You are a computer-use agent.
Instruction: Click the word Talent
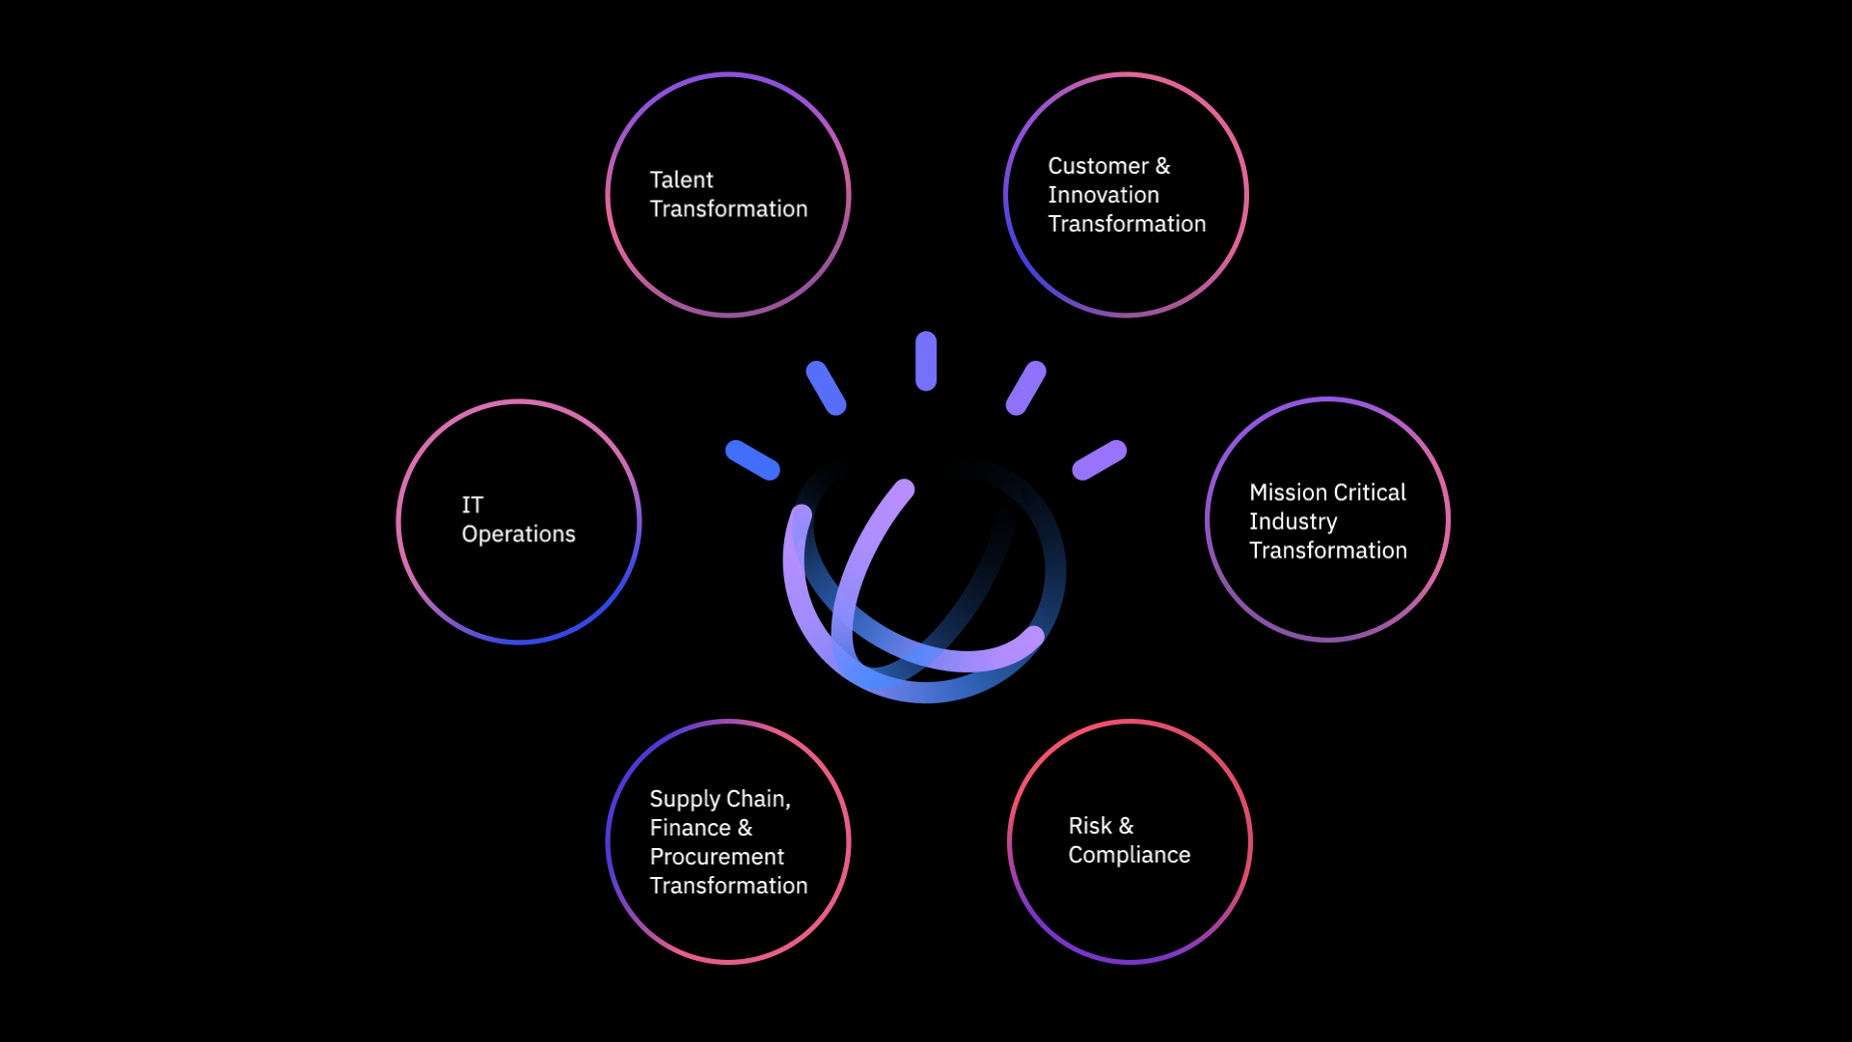click(x=681, y=180)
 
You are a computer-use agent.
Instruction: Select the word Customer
click(x=1098, y=166)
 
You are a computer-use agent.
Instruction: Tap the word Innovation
click(x=1103, y=195)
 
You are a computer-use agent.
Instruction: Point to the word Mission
click(x=1288, y=493)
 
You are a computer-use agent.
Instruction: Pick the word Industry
click(x=1293, y=522)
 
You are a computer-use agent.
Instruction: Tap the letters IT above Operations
click(x=472, y=506)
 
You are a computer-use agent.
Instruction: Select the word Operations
click(x=518, y=535)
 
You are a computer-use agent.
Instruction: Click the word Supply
click(x=685, y=800)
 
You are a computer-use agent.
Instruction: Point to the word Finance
click(x=690, y=828)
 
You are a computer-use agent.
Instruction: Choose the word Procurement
click(x=717, y=857)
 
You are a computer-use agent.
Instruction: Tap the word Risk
click(x=1090, y=826)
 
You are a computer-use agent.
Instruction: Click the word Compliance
click(x=1129, y=855)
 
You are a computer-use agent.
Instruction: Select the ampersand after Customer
click(x=1162, y=166)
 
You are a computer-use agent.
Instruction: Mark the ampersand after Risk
click(x=1126, y=826)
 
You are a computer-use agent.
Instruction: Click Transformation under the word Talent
click(x=728, y=209)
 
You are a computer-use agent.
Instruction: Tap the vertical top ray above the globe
click(x=926, y=361)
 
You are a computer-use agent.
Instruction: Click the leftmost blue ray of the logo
click(x=752, y=460)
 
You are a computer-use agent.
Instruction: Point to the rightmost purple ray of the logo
click(x=1100, y=460)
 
